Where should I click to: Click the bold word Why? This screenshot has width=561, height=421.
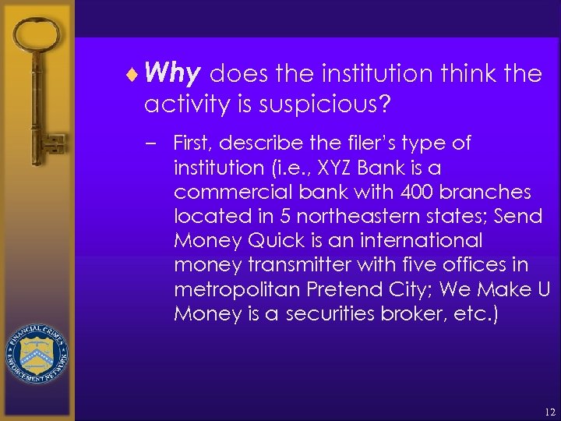pos(174,74)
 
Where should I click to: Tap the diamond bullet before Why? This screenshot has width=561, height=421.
pos(137,75)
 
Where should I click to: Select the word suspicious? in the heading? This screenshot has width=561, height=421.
pos(319,104)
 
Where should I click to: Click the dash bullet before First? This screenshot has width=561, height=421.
pos(157,143)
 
